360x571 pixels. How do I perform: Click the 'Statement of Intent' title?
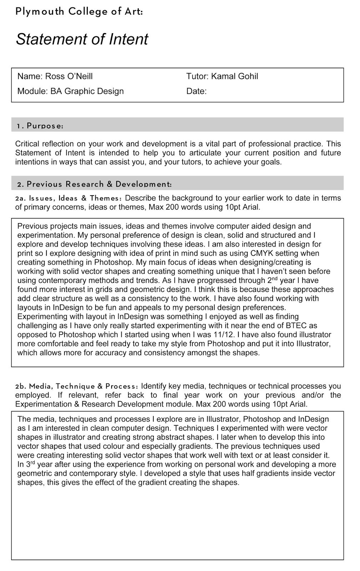pos(82,39)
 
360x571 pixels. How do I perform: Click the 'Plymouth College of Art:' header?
pos(79,12)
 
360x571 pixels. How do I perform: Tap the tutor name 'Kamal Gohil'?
pos(234,76)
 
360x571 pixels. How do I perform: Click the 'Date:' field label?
pos(196,91)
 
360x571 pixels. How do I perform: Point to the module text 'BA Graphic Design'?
pos(87,91)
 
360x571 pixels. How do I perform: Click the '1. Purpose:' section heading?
pos(40,126)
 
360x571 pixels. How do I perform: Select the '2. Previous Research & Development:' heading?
pos(94,184)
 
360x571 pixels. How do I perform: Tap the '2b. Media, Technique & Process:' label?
pos(76,386)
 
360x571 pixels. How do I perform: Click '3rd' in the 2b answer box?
pos(30,464)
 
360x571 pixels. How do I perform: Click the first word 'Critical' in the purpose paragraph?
pos(27,144)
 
